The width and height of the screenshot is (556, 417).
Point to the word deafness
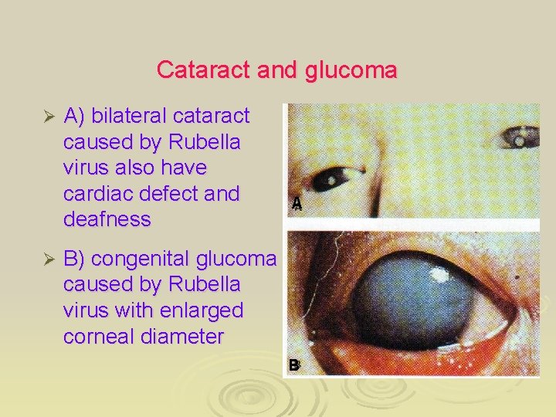click(x=107, y=220)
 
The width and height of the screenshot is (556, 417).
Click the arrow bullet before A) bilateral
click(x=48, y=117)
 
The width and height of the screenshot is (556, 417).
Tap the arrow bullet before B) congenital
click(x=48, y=259)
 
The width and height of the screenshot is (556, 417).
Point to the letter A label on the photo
click(x=297, y=204)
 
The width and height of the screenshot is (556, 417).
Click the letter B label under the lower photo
click(x=294, y=365)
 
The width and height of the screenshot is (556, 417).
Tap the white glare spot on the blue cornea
click(x=443, y=273)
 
